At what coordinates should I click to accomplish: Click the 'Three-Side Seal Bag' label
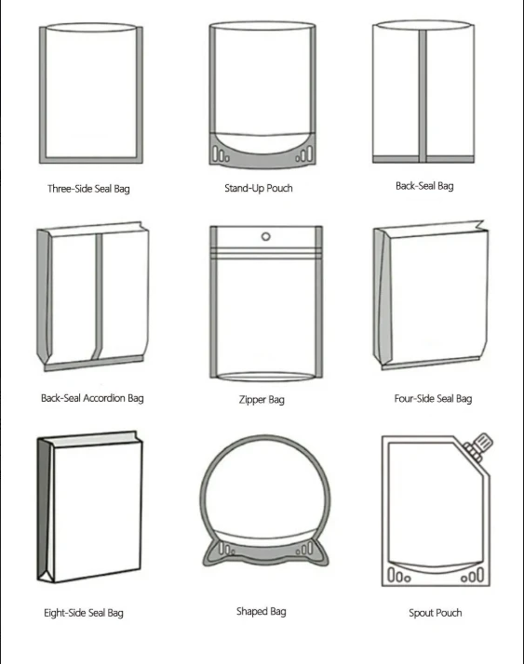pyautogui.click(x=88, y=189)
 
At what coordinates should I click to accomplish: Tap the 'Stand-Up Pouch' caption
pyautogui.click(x=259, y=188)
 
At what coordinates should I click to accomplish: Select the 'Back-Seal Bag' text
pyautogui.click(x=424, y=186)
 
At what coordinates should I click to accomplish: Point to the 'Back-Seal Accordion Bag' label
pyautogui.click(x=92, y=398)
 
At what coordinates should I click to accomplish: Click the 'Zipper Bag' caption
pyautogui.click(x=262, y=399)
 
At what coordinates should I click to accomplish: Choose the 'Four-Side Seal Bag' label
pyautogui.click(x=433, y=398)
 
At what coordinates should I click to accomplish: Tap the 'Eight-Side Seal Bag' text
pyautogui.click(x=84, y=613)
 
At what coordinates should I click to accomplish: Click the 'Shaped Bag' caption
pyautogui.click(x=262, y=611)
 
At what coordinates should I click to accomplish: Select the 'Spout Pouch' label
pyautogui.click(x=436, y=613)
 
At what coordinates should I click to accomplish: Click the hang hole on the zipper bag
pyautogui.click(x=266, y=236)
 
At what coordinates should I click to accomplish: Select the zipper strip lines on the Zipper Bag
pyautogui.click(x=266, y=253)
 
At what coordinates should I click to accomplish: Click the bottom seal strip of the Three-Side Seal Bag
pyautogui.click(x=91, y=160)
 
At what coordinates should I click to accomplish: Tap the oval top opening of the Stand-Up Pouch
pyautogui.click(x=262, y=26)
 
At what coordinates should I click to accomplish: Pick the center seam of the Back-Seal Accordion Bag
pyautogui.click(x=99, y=297)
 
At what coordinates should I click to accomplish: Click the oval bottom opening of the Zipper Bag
pyautogui.click(x=266, y=377)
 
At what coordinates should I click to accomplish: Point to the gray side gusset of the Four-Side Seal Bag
pyautogui.click(x=383, y=297)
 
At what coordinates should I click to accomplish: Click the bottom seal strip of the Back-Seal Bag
pyautogui.click(x=423, y=159)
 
